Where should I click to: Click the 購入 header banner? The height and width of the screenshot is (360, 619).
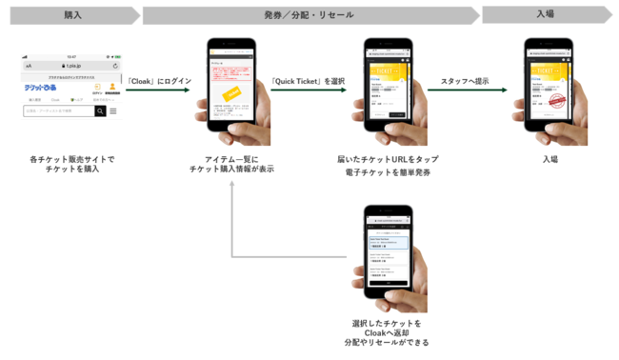pos(71,14)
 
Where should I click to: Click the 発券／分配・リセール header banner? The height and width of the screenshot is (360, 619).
pos(309,14)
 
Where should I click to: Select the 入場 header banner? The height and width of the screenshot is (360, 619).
pos(545,14)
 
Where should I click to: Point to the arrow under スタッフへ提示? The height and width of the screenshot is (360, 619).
pos(466,92)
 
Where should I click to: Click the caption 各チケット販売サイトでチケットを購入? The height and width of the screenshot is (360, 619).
pos(71,164)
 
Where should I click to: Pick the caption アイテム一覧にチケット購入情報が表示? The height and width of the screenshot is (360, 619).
pos(232,164)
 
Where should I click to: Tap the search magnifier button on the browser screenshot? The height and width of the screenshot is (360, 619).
pos(100,111)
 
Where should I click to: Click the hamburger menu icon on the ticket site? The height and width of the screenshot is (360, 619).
pos(113,111)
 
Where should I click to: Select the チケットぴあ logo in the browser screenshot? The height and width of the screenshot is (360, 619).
pos(40,86)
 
